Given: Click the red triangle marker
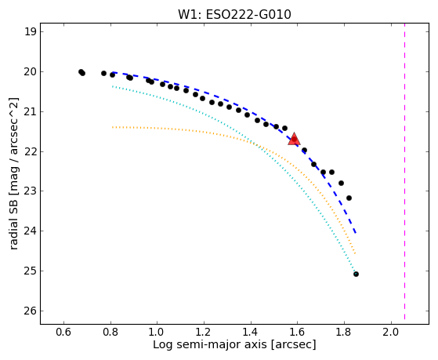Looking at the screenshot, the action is [294, 139].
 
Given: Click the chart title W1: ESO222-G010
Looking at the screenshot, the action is [234, 15].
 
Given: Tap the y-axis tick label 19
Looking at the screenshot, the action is [31, 32].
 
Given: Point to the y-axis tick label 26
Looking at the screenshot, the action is [31, 311].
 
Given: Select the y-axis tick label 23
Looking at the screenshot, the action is [31, 191].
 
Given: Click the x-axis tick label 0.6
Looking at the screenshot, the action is [64, 332].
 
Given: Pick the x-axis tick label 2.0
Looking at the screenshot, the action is [391, 332].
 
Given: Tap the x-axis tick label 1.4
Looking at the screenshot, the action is [251, 332].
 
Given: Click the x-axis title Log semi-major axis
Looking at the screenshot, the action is [210, 344].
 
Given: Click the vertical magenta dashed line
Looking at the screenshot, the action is [404, 171].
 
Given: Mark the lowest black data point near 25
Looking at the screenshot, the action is [356, 275].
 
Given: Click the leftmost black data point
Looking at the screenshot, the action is [81, 72].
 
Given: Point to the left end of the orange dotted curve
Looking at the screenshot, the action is [113, 127].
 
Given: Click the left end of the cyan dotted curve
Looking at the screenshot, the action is [113, 86].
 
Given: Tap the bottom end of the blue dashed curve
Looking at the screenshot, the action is [356, 233].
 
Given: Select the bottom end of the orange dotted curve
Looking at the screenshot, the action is [355, 253].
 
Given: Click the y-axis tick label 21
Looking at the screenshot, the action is [31, 111].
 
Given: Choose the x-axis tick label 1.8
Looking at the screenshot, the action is [345, 332].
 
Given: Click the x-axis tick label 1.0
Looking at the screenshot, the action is [157, 332].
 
